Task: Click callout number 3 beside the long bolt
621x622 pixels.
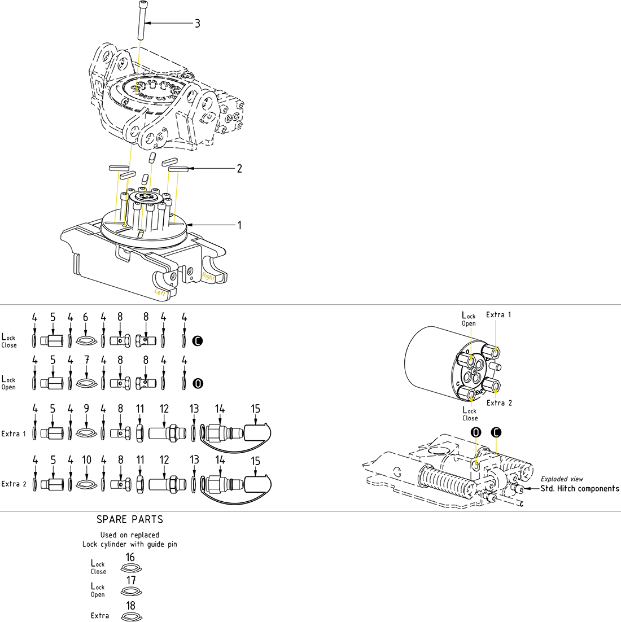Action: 198,24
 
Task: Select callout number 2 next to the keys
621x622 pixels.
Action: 239,168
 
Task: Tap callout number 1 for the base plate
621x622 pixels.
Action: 239,225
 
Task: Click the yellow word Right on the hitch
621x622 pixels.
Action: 208,276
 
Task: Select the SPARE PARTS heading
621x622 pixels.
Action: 130,519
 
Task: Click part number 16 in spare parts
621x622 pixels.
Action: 130,558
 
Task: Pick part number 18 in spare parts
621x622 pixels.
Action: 130,606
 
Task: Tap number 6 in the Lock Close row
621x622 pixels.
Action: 86,318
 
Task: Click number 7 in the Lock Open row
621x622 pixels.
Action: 86,360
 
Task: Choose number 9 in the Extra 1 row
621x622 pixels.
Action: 86,408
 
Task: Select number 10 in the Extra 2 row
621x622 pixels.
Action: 86,460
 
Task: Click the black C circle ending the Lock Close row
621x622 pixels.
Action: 198,341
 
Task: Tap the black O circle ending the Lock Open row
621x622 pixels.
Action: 198,383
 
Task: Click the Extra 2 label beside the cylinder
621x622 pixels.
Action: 499,403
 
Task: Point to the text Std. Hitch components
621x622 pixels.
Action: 580,489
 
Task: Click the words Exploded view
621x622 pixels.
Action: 562,479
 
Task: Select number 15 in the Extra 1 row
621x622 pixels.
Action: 256,409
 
